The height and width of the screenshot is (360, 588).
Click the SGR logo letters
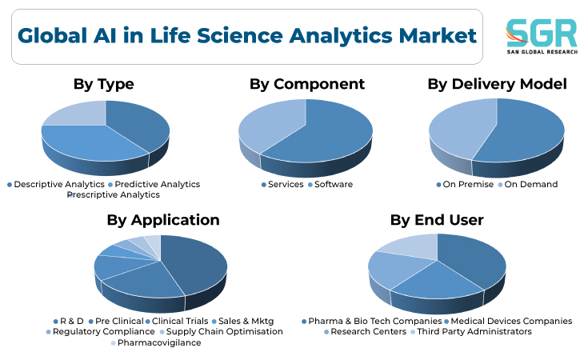pos(541,33)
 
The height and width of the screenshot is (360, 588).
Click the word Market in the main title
pos(438,36)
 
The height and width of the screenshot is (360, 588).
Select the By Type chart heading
pos(103,84)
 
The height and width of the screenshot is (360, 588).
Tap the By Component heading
pos(307,84)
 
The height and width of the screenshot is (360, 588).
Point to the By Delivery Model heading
pos(498,84)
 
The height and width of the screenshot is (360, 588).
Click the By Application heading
pos(163,220)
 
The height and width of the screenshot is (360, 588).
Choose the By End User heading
pos(437,220)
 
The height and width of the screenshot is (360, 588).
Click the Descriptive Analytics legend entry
pos(56,185)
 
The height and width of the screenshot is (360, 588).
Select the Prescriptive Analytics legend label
pos(114,195)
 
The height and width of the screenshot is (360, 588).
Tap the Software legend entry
pos(330,185)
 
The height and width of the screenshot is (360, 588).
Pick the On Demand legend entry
pos(528,185)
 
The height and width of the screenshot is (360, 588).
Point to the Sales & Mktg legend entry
pos(243,322)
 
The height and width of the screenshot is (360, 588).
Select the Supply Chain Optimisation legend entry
pos(222,332)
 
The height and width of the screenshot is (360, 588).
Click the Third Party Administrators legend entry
pos(471,332)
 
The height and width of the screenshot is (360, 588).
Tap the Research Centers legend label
pos(366,332)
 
